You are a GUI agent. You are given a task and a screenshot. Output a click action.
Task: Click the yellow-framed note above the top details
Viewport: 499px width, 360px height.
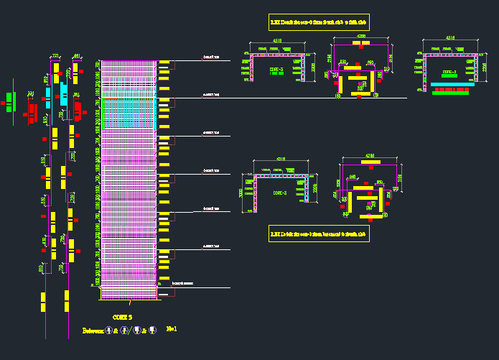[318, 22]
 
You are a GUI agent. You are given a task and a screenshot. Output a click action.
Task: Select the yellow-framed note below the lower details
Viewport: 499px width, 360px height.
[318, 234]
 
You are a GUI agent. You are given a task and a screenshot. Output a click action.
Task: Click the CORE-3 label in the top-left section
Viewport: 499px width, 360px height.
[276, 70]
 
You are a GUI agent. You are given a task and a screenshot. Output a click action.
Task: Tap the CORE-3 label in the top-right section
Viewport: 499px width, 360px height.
[449, 72]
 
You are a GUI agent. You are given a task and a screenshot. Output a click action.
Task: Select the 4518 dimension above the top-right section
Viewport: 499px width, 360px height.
[450, 37]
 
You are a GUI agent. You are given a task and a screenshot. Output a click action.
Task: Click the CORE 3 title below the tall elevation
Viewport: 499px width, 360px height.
[122, 316]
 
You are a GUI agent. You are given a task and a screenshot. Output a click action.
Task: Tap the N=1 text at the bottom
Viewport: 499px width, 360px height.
[172, 329]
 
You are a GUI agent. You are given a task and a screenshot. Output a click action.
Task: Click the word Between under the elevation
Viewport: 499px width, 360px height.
[93, 331]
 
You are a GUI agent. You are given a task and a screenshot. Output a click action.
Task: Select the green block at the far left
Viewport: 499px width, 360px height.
[9, 98]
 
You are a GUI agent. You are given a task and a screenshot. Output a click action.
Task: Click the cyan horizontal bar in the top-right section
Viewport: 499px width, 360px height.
[450, 85]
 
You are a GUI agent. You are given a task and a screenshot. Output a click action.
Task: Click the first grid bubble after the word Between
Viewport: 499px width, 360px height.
[108, 331]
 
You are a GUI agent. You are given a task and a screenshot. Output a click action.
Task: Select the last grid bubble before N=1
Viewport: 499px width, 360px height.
[152, 331]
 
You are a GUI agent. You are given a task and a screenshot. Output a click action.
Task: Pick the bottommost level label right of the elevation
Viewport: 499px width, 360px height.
[188, 285]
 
